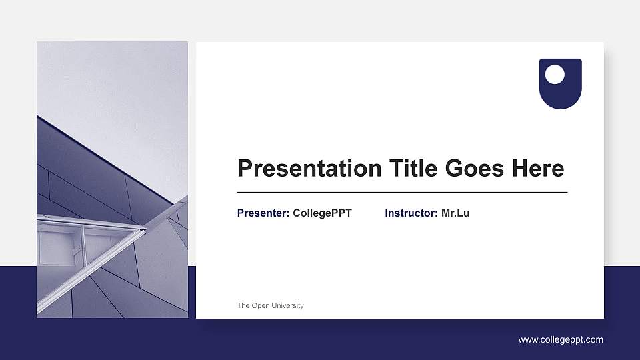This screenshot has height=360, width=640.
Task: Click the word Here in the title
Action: pos(538,169)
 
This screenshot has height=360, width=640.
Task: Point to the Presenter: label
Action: pos(263,213)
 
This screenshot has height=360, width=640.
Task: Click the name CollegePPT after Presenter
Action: pos(322,213)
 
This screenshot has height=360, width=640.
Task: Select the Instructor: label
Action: pos(411,213)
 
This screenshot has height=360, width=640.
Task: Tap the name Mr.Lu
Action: pos(455,213)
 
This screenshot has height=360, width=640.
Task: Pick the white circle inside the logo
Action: pos(555,75)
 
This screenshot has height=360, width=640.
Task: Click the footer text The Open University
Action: pos(270,306)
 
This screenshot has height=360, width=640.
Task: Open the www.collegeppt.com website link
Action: pos(561,340)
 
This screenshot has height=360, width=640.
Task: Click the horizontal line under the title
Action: pos(402,192)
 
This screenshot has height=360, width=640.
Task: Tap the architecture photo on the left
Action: pos(112,180)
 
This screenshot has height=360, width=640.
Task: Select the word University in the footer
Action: pos(287,306)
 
